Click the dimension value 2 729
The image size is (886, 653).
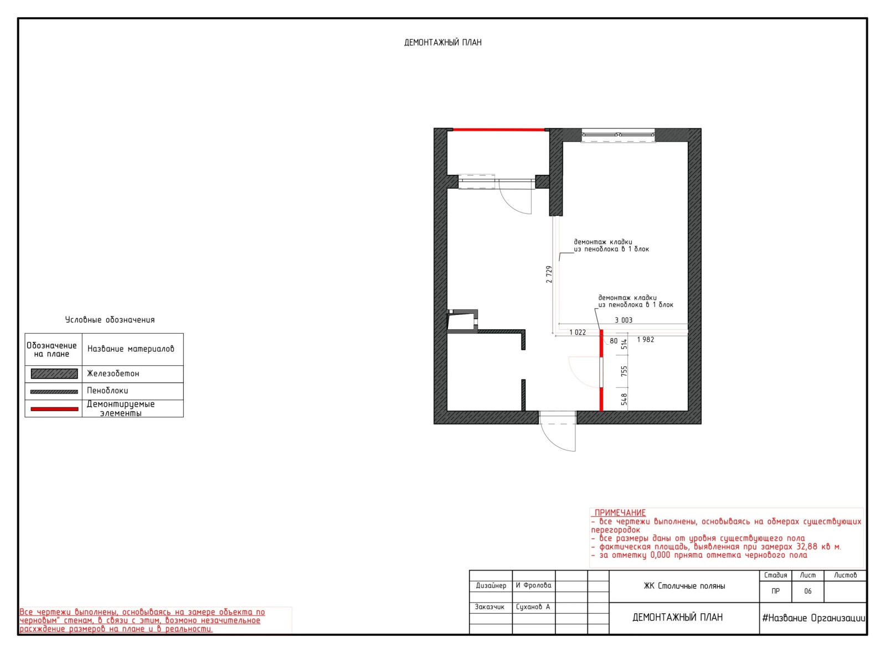[549, 274]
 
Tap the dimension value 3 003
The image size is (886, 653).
[624, 320]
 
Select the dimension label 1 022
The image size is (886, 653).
[578, 333]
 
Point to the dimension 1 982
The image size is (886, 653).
[646, 340]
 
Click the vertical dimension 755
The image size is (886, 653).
[624, 371]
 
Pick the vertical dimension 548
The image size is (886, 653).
[624, 399]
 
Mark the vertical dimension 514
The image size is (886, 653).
[624, 344]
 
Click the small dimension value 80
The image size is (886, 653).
[614, 341]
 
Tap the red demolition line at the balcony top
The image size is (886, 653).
[498, 129]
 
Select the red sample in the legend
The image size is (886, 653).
[54, 409]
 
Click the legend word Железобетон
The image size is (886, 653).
[113, 374]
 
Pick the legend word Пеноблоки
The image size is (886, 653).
[107, 391]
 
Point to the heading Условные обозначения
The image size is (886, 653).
[110, 320]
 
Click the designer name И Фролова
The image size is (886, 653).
[533, 585]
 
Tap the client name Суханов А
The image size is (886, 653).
[533, 607]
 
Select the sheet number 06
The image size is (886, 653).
[808, 592]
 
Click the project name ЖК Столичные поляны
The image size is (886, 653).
[684, 586]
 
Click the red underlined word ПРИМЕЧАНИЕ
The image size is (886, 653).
[620, 513]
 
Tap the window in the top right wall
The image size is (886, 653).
[618, 135]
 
